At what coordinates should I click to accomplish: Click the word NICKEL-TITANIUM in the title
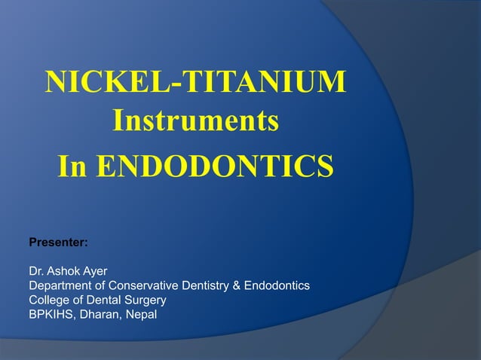pos(196,82)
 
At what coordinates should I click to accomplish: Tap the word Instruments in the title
pos(196,121)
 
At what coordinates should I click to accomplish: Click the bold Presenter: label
pos(58,243)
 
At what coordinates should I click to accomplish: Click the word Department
pos(60,286)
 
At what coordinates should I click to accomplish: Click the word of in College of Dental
pos(77,301)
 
